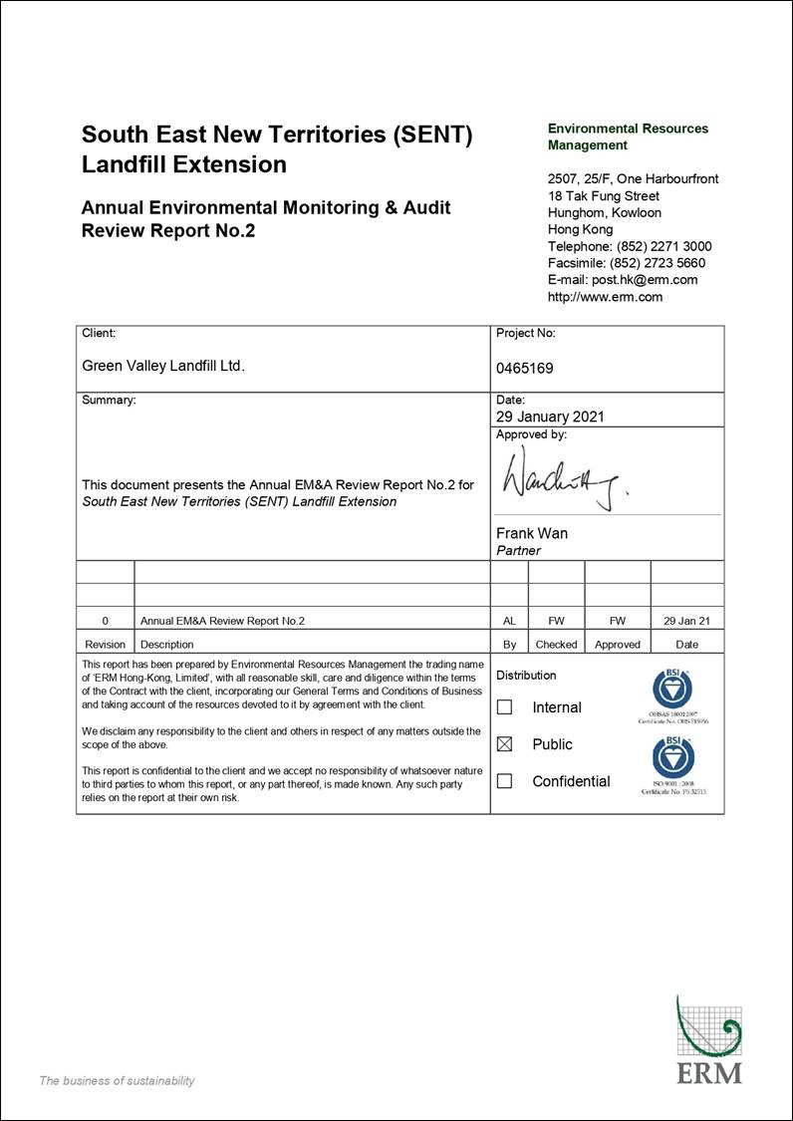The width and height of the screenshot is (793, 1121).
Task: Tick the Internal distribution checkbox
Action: click(x=505, y=707)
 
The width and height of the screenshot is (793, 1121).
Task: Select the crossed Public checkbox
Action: click(x=505, y=744)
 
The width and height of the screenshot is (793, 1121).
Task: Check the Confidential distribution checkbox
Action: click(x=505, y=781)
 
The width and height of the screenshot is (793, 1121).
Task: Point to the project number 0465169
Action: click(x=524, y=368)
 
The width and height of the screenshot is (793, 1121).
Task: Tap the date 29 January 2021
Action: click(x=550, y=418)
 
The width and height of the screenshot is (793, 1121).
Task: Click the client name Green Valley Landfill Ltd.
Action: click(x=162, y=366)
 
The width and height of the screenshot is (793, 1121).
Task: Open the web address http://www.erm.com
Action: click(x=605, y=297)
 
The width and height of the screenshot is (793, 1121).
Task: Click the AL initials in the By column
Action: click(x=509, y=621)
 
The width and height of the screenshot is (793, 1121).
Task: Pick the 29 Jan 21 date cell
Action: click(x=686, y=621)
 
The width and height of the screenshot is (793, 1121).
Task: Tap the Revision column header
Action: click(x=106, y=645)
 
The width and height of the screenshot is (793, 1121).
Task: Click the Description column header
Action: click(x=167, y=645)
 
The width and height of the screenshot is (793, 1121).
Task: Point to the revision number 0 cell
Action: click(x=106, y=621)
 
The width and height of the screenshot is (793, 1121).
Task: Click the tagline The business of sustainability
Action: click(x=117, y=1081)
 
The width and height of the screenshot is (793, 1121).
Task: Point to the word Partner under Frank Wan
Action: click(x=518, y=550)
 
